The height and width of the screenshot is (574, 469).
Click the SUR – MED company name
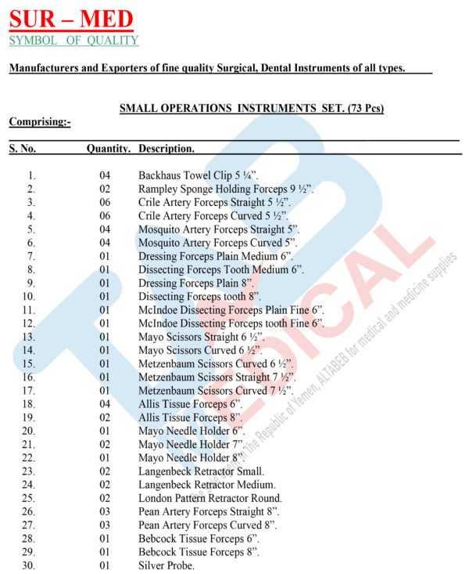click(71, 19)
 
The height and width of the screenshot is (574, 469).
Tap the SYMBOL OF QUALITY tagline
click(73, 40)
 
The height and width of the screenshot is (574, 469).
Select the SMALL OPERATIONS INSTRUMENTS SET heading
click(251, 108)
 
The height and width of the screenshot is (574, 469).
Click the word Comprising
click(40, 121)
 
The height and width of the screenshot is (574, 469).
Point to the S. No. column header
click(23, 147)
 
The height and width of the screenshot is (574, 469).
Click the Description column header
click(166, 147)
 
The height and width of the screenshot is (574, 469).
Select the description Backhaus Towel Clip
click(198, 176)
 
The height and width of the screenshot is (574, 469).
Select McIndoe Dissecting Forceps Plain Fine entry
click(231, 310)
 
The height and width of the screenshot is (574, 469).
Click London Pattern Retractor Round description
click(210, 498)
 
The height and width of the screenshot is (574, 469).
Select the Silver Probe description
click(166, 565)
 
